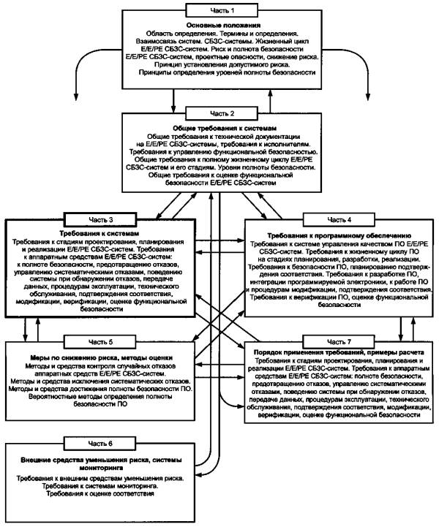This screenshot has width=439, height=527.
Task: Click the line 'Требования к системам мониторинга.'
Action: click(x=100, y=486)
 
